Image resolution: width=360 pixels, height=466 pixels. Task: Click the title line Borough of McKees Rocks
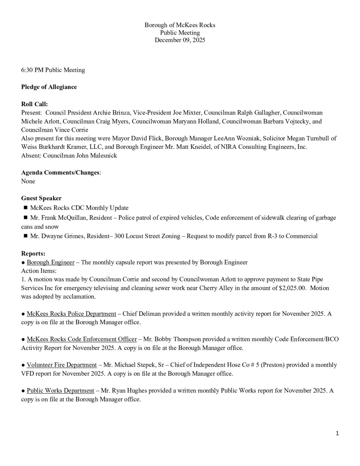click(180, 25)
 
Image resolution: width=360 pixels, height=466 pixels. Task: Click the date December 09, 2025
click(180, 40)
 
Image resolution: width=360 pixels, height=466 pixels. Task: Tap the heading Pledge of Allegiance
click(49, 87)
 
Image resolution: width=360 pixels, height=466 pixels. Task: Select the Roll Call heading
click(34, 104)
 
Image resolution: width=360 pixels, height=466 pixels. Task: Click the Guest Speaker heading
click(41, 198)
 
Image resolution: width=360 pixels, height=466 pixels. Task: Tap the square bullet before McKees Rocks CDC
click(25, 208)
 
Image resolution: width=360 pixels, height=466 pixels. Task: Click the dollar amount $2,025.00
click(292, 288)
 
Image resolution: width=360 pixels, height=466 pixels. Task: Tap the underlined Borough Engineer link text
click(51, 262)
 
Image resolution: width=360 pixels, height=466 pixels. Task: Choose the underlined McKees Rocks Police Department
click(71, 314)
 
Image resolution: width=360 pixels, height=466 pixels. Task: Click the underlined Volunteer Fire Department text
click(62, 365)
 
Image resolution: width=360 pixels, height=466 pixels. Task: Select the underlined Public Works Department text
click(60, 390)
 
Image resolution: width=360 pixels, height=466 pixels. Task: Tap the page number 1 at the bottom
click(337, 433)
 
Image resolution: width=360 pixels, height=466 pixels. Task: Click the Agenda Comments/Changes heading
click(60, 172)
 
